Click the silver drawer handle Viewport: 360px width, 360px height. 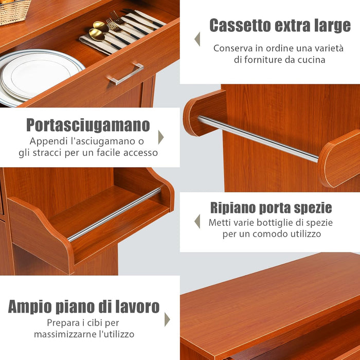pos(125,75)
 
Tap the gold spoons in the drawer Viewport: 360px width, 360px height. pos(96,30)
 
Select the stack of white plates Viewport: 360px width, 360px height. pos(36,75)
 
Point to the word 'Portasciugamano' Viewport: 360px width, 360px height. pos(88,125)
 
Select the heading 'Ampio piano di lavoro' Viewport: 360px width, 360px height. pos(84,307)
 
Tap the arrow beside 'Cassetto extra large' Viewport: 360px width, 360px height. pos(197,39)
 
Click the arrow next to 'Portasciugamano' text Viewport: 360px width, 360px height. pos(161,137)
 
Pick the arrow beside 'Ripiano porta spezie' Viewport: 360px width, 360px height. pos(197,221)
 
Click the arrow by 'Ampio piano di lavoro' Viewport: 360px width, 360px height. pos(167,319)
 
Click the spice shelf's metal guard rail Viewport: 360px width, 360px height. pos(115,214)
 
